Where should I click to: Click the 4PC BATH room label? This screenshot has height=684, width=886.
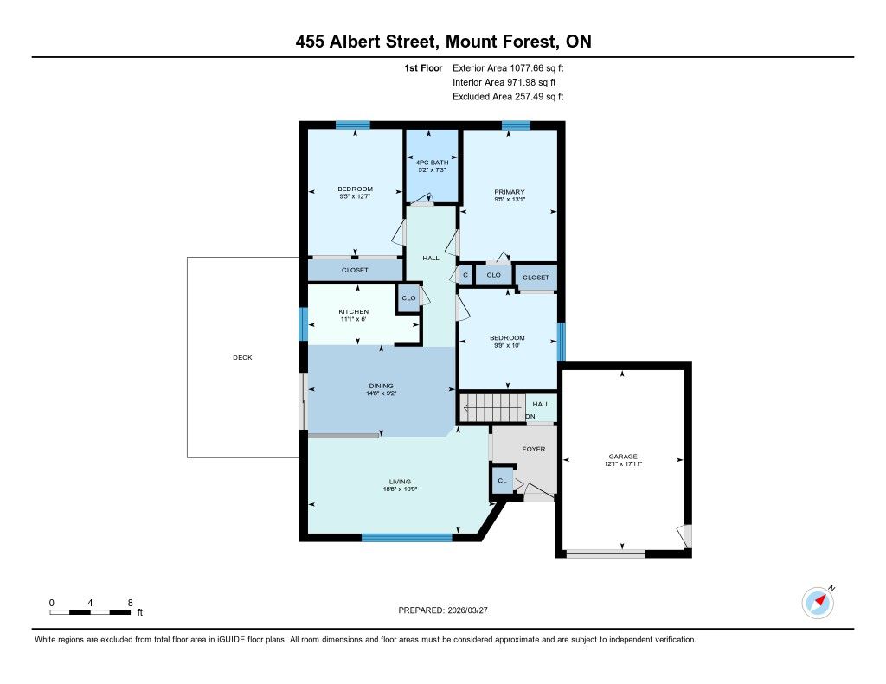click(433, 162)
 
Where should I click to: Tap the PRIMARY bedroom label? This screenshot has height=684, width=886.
click(509, 192)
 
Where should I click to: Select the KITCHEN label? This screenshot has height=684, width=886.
click(354, 312)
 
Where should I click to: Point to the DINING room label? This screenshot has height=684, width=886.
click(381, 386)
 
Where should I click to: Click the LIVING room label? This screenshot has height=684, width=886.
click(400, 482)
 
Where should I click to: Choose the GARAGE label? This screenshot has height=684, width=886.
click(623, 457)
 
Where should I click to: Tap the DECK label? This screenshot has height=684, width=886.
click(242, 357)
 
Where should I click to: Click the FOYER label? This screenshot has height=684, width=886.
click(533, 449)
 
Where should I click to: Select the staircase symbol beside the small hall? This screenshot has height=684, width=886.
click(492, 407)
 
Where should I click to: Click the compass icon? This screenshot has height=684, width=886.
click(818, 603)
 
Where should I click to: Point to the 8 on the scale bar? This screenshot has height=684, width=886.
click(130, 603)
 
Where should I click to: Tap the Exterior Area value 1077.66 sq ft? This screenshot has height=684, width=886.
click(536, 68)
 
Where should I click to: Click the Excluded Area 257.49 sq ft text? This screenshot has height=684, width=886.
click(508, 97)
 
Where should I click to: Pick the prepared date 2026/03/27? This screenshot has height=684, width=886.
click(467, 610)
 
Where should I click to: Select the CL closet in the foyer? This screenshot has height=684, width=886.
click(503, 481)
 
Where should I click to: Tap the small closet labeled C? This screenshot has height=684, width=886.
click(465, 275)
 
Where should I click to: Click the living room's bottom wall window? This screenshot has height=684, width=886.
click(407, 538)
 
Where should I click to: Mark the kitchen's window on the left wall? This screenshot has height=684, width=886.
click(304, 324)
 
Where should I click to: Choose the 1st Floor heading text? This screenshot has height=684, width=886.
click(423, 68)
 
